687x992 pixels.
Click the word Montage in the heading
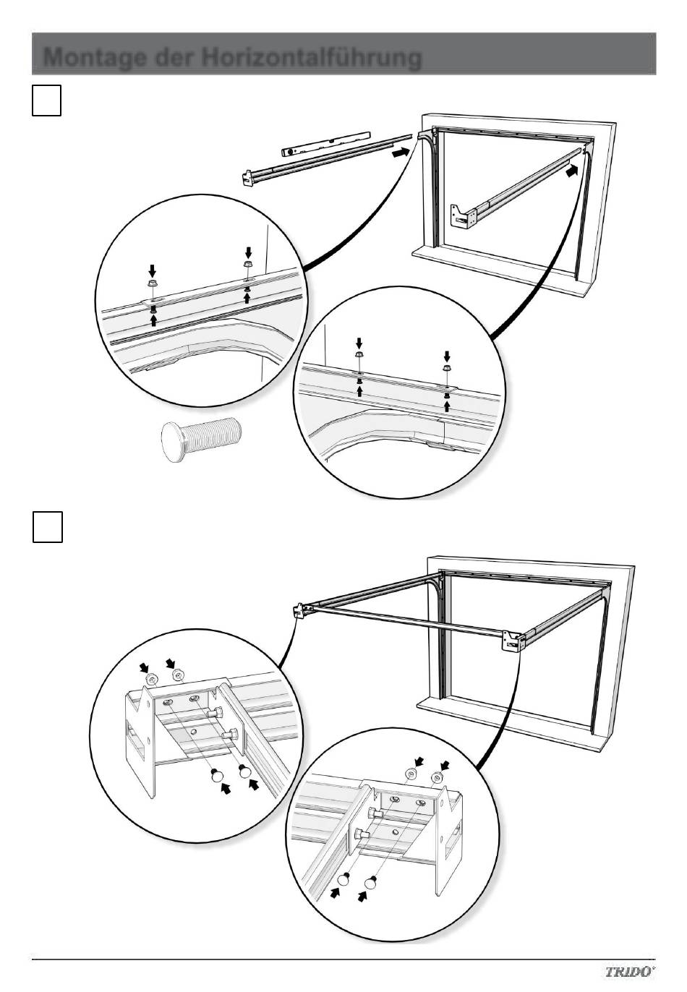94,57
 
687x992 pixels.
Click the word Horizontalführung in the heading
312,57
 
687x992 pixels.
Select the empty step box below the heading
46,101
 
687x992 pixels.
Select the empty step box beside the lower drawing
48,527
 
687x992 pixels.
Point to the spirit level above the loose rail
325,142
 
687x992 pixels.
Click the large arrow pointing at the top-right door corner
572,170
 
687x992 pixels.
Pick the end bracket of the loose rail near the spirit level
247,179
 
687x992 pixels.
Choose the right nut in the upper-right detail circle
446,368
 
